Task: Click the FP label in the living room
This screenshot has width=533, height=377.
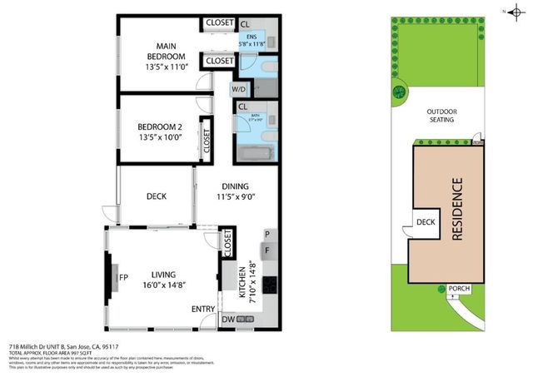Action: (x=123, y=277)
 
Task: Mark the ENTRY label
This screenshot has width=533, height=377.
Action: (x=203, y=309)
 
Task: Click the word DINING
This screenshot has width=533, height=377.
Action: (x=236, y=186)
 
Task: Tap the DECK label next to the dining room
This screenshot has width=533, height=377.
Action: (x=157, y=196)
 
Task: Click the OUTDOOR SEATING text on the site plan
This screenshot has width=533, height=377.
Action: (x=441, y=115)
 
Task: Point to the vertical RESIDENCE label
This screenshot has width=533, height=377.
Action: (x=456, y=208)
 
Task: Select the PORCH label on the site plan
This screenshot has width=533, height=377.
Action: (x=459, y=289)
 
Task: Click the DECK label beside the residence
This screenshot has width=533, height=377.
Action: (x=426, y=222)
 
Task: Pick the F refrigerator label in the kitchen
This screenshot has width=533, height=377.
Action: (x=266, y=249)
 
